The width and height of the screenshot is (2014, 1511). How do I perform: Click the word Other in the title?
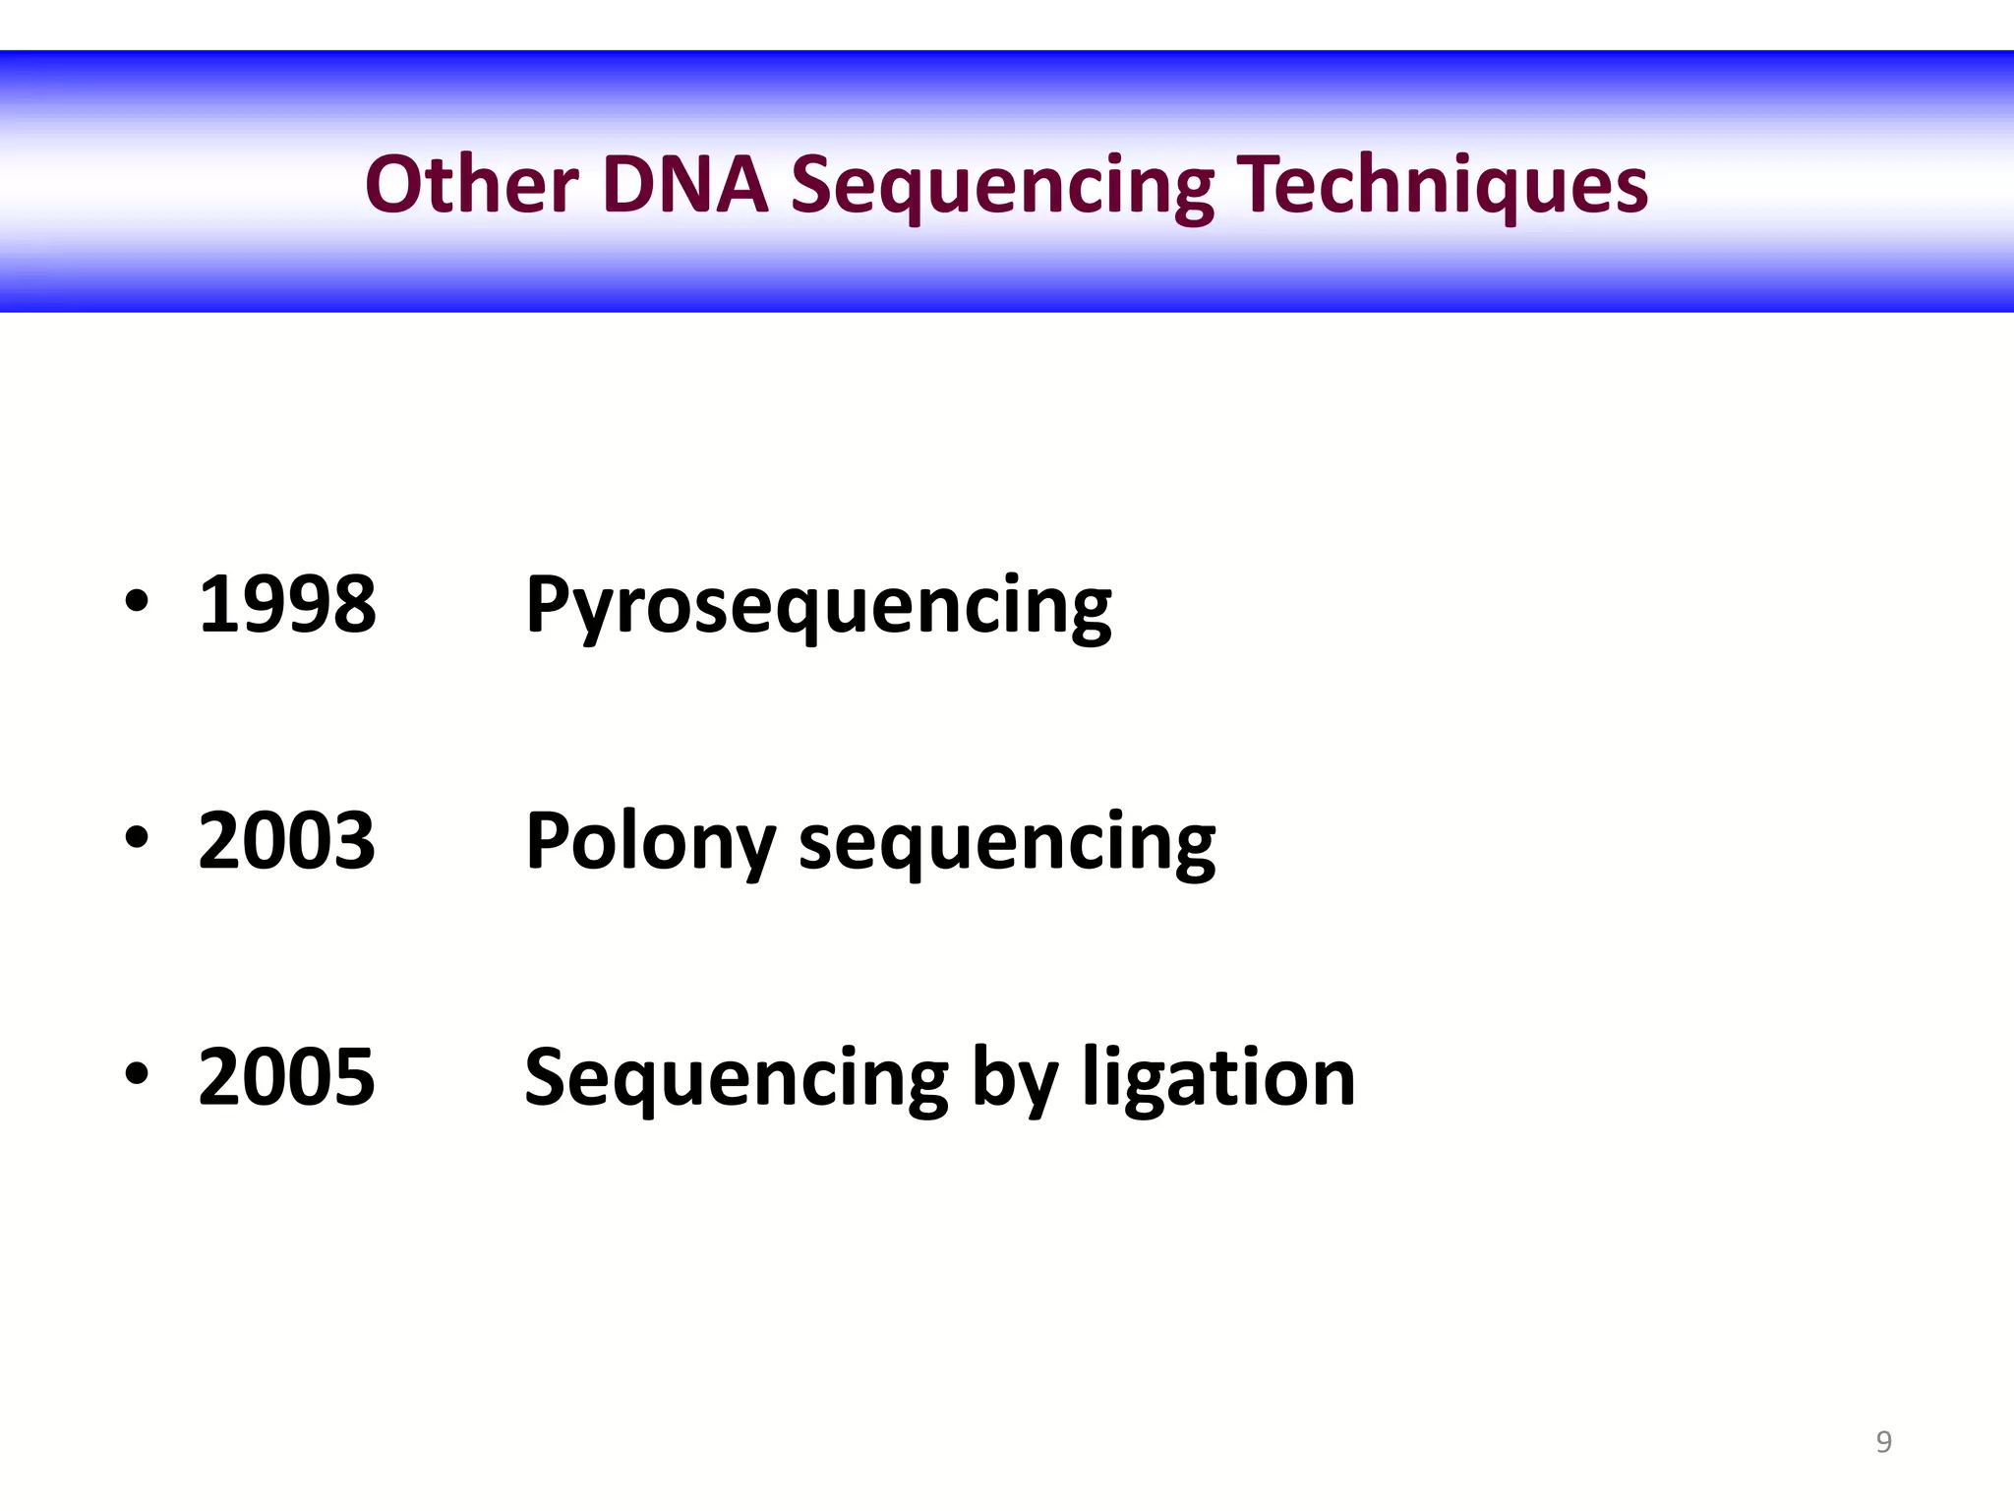[471, 184]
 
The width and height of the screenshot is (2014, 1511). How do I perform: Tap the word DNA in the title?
[683, 184]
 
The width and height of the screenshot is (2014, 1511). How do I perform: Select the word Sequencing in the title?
[1002, 187]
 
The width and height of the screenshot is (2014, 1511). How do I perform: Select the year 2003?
[286, 840]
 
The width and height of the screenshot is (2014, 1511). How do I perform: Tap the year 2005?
[286, 1076]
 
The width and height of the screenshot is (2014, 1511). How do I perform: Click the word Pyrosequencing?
[818, 606]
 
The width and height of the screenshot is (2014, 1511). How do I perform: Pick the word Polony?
[650, 842]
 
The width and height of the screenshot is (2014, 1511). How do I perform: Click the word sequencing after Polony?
[1007, 844]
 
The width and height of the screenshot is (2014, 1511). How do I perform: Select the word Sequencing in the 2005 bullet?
[736, 1079]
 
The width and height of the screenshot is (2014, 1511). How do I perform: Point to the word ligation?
[1218, 1079]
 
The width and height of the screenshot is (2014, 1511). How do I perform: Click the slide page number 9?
[1883, 1441]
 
